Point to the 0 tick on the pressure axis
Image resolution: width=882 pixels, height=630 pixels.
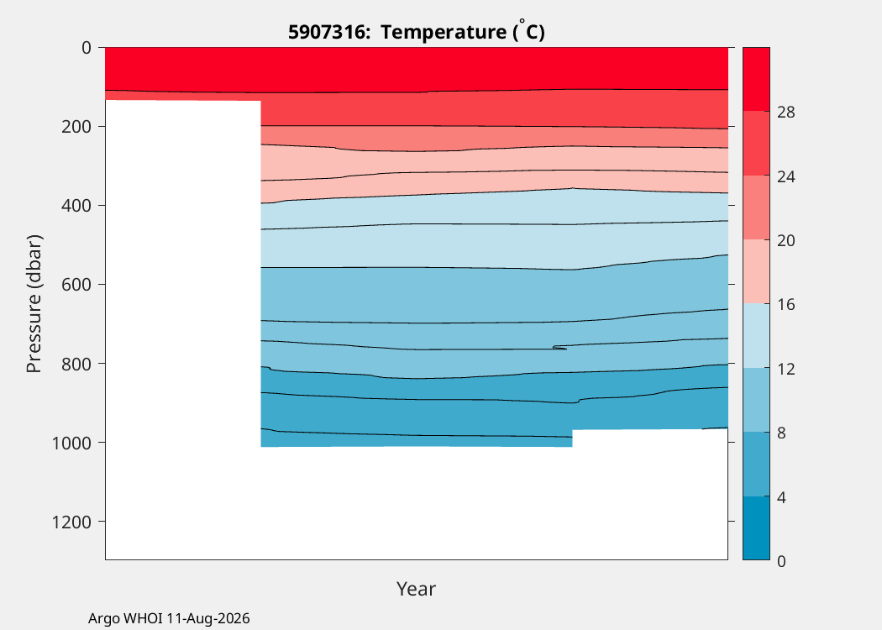pyautogui.click(x=86, y=48)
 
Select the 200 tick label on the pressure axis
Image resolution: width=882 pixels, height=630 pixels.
pyautogui.click(x=76, y=127)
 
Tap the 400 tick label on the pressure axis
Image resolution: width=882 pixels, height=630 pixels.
pyautogui.click(x=76, y=206)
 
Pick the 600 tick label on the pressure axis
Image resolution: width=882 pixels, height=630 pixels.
pyautogui.click(x=76, y=285)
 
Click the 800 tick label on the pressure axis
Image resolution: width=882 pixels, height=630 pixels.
pyautogui.click(x=76, y=364)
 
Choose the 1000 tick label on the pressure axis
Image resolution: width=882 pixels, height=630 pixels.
pyautogui.click(x=71, y=444)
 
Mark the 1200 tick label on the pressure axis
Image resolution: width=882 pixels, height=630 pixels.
pyautogui.click(x=71, y=522)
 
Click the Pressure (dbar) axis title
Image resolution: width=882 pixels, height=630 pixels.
pyautogui.click(x=34, y=304)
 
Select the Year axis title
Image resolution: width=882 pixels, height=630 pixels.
pyautogui.click(x=417, y=589)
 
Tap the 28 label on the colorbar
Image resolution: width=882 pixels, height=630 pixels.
pyautogui.click(x=785, y=113)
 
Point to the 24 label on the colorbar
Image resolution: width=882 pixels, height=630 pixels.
pyautogui.click(x=785, y=176)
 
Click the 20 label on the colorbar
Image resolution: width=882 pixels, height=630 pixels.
pyautogui.click(x=785, y=241)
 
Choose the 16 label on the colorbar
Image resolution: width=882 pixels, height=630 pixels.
pyautogui.click(x=785, y=305)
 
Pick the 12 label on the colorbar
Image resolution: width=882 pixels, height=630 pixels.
pyautogui.click(x=785, y=369)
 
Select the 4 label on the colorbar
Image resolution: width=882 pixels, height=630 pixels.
pyautogui.click(x=781, y=497)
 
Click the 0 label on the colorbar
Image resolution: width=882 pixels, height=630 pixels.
pyautogui.click(x=781, y=561)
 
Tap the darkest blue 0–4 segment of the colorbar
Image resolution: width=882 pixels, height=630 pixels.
pyautogui.click(x=756, y=528)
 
